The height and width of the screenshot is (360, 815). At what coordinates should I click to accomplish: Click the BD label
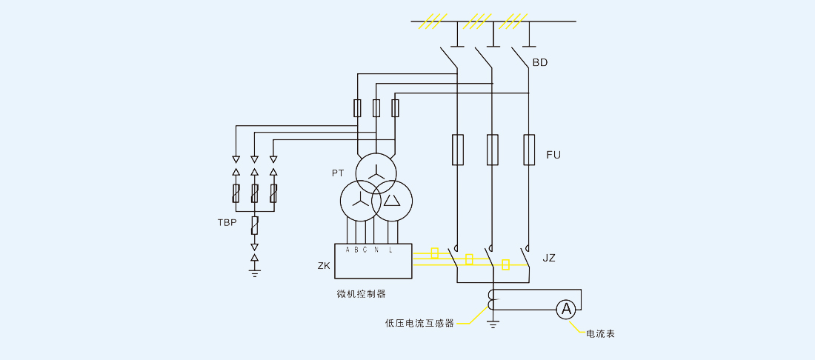pos(540,63)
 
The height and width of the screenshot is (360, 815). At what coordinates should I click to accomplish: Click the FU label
pos(553,155)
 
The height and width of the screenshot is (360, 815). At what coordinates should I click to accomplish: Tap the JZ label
pos(549,259)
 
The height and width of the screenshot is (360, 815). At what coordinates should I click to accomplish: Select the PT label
pos(338,173)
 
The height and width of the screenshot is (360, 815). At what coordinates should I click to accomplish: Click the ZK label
pos(324,265)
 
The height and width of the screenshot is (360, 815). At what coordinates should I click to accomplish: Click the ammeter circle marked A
pos(567,310)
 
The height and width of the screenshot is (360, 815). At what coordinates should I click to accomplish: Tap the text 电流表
pos(601,334)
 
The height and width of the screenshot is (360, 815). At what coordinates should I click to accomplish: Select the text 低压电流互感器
pos(419,323)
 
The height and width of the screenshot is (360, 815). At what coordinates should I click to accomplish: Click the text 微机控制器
pos(362,293)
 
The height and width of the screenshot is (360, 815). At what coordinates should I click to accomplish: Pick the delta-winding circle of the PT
pos(392,200)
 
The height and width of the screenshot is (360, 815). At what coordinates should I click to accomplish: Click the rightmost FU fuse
pos(529,150)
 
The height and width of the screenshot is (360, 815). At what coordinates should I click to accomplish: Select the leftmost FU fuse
pos(458,150)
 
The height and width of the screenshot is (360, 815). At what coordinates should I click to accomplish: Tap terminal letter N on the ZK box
pos(376,250)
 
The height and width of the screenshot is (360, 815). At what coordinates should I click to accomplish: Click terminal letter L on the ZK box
pos(390,250)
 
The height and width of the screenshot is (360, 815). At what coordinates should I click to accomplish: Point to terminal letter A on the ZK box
pos(347,250)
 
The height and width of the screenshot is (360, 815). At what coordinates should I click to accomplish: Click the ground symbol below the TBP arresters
pos(255,273)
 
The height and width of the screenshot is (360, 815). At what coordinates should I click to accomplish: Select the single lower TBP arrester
pos(255,224)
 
